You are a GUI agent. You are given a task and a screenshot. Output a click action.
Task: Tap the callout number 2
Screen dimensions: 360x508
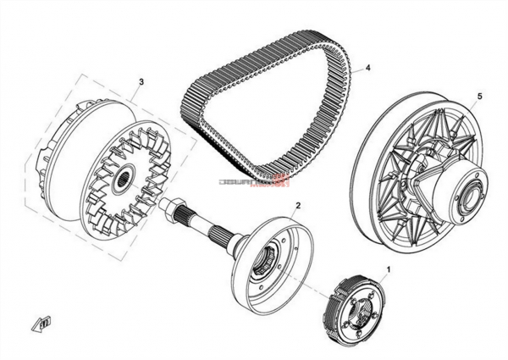point(298,206)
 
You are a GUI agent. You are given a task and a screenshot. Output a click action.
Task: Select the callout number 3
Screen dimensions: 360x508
point(141,82)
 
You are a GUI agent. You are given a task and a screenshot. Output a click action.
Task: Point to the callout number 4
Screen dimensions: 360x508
point(368,68)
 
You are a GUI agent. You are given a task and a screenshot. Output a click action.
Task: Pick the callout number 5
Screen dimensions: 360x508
point(479,97)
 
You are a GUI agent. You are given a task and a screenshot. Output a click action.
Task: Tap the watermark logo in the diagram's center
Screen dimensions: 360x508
point(255,180)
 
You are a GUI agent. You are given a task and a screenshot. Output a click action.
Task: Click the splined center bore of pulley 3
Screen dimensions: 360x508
point(124,179)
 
